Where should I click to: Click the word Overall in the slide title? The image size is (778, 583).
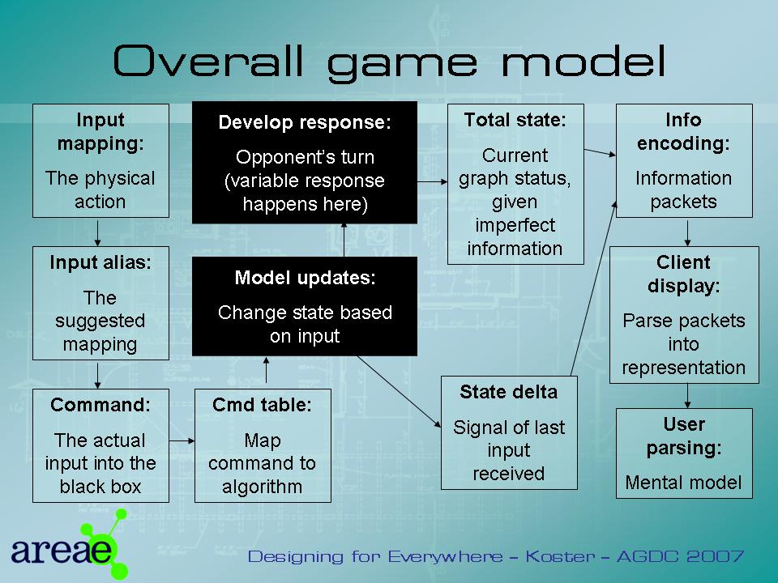click(x=208, y=61)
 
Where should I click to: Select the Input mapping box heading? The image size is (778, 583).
click(x=100, y=131)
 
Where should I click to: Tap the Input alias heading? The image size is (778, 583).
click(x=100, y=262)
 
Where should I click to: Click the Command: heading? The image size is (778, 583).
click(x=100, y=405)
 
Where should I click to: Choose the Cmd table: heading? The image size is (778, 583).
click(x=262, y=405)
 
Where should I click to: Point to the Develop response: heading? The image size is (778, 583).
click(x=305, y=122)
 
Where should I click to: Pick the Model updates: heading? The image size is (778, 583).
click(x=305, y=278)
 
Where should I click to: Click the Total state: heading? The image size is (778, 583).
click(x=515, y=120)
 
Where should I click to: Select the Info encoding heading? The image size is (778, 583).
click(x=684, y=131)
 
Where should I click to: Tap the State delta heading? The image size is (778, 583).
click(x=509, y=392)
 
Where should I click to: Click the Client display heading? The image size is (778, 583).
click(x=684, y=274)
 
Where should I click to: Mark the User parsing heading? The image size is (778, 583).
click(x=684, y=436)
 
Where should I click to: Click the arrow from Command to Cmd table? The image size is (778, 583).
click(x=182, y=440)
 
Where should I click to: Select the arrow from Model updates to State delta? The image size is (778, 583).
click(x=399, y=392)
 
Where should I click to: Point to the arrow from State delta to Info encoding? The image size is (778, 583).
click(x=594, y=288)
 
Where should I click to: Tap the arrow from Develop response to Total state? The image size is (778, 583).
click(x=432, y=182)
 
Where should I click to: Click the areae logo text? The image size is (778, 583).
click(x=61, y=549)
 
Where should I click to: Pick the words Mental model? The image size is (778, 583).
click(x=684, y=483)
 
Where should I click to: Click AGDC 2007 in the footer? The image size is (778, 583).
click(x=680, y=556)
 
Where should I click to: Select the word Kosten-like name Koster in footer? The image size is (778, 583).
click(x=560, y=556)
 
